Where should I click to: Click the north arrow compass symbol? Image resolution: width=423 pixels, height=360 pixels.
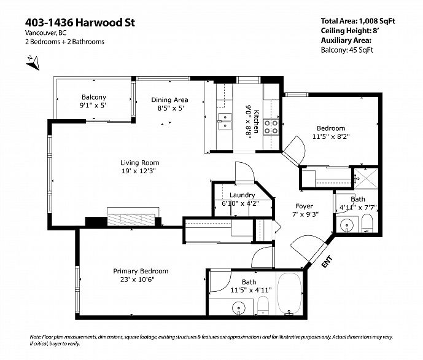(33, 63)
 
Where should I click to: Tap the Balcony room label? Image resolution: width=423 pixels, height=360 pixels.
(94, 97)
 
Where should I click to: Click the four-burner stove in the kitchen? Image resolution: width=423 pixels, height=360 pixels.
(271, 127)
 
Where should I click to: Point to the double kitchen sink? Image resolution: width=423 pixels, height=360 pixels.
(225, 122)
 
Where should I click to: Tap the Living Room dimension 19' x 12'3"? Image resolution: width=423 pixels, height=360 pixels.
(139, 171)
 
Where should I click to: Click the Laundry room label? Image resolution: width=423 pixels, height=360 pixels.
(243, 195)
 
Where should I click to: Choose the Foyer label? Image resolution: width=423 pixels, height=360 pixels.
(305, 206)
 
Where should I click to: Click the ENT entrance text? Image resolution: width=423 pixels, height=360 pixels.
(327, 262)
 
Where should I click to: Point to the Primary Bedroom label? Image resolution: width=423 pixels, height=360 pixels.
(141, 271)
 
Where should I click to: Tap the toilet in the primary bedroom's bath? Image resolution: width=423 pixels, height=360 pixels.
(262, 305)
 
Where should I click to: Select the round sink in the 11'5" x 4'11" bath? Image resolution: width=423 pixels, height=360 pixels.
(239, 308)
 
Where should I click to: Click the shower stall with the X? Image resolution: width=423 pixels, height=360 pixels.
(367, 178)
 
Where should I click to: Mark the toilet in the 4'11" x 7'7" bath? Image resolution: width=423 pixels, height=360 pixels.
(367, 223)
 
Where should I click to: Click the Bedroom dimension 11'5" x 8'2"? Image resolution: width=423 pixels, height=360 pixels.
(331, 136)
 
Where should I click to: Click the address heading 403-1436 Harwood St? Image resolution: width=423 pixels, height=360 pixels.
(80, 22)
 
